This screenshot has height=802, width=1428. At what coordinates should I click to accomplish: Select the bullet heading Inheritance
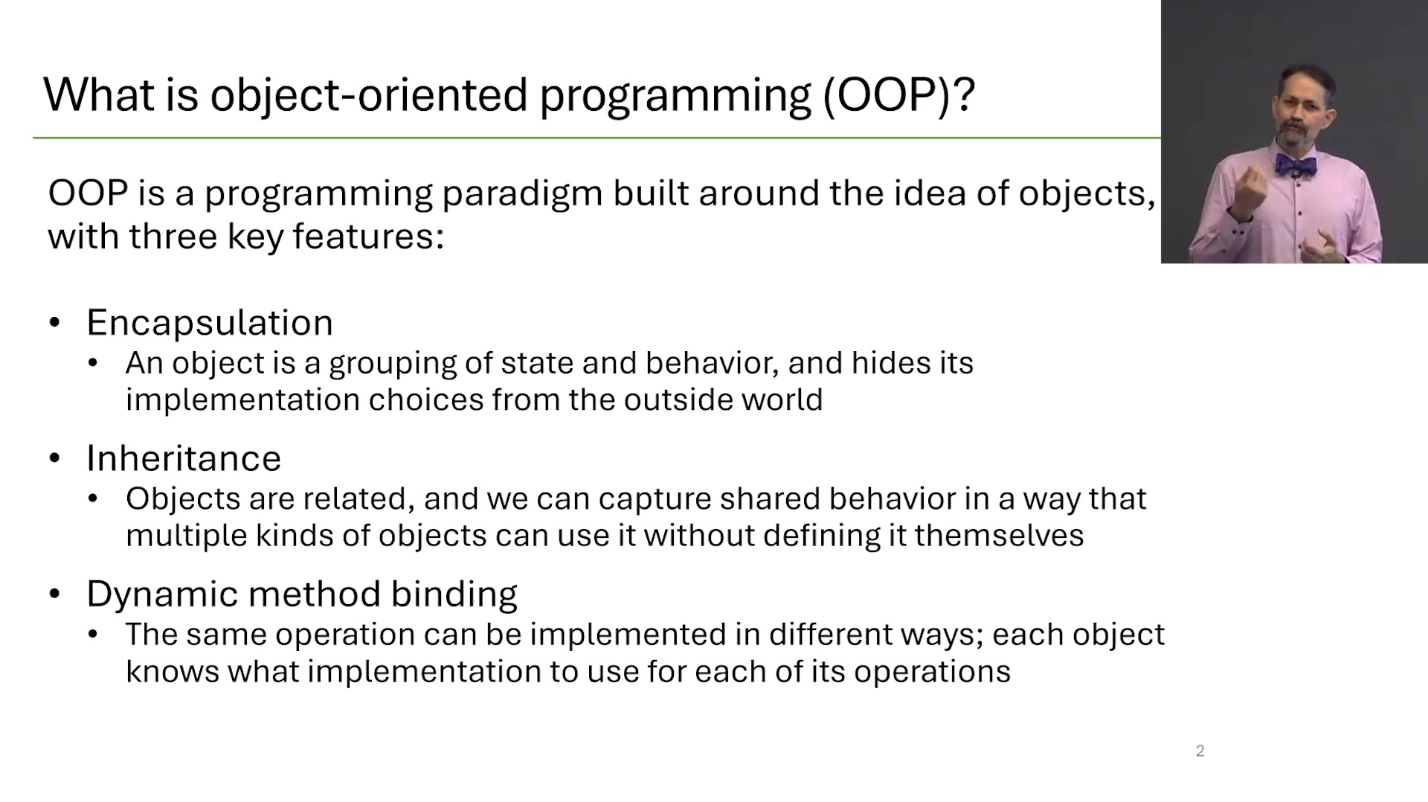click(x=184, y=458)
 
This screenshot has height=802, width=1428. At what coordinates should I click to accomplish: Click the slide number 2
click(x=1200, y=751)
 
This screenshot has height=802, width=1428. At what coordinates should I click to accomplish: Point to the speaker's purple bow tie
click(x=1296, y=164)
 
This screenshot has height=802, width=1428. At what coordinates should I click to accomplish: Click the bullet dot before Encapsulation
click(x=54, y=323)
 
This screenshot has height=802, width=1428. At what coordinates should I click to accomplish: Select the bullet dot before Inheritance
click(x=54, y=458)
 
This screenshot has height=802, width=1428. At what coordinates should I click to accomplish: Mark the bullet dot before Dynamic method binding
click(x=54, y=594)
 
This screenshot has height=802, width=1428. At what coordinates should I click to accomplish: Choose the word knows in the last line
click(x=173, y=672)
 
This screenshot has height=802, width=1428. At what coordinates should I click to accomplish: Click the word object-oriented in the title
click(x=369, y=95)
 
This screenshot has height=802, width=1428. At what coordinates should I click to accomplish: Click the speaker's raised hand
click(x=1251, y=192)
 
